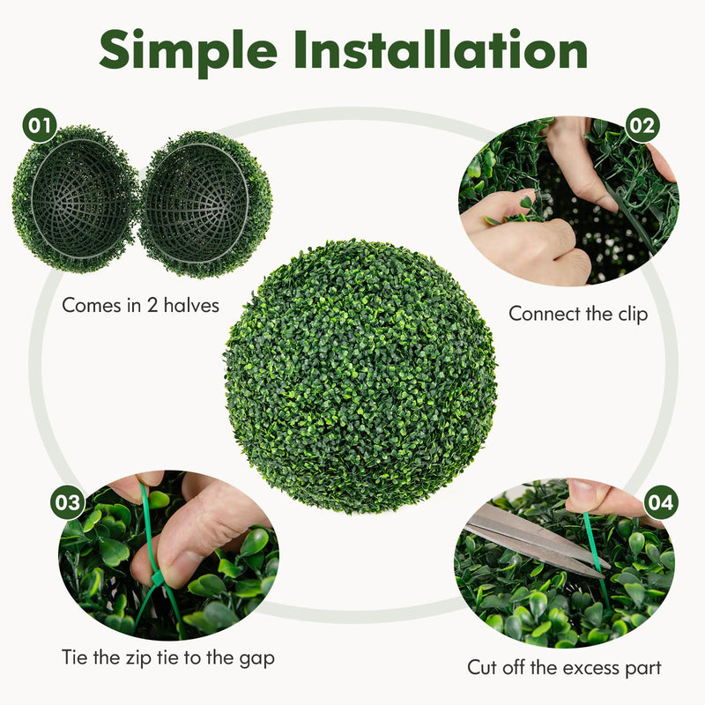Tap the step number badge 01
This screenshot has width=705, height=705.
[x=40, y=126]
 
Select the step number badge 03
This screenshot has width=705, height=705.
[x=68, y=503]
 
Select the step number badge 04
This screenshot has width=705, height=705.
[x=661, y=502]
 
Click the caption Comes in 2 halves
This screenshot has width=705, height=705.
[x=141, y=306]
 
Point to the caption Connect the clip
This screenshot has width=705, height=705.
[x=578, y=313]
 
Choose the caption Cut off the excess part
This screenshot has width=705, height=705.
[x=565, y=667]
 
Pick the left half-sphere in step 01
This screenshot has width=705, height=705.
[x=75, y=198]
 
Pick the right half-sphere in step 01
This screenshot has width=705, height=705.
[x=205, y=203]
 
